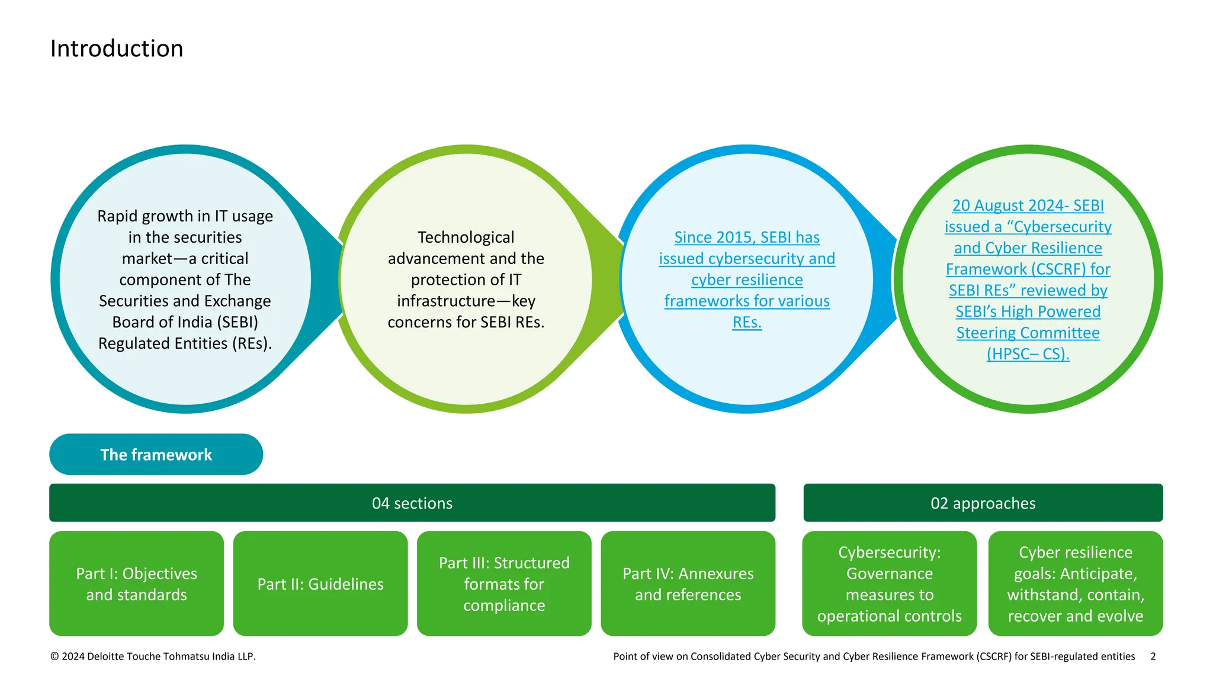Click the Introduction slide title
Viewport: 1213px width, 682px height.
click(117, 49)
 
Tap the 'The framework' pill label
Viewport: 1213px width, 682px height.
click(156, 455)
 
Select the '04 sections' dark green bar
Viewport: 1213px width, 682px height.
click(412, 503)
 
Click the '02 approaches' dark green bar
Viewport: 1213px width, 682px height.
click(983, 503)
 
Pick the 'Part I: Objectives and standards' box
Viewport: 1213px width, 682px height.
click(136, 584)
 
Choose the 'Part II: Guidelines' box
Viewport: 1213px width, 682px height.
click(320, 584)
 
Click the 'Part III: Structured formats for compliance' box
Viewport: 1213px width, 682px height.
click(504, 584)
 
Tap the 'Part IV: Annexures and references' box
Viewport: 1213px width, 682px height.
click(688, 584)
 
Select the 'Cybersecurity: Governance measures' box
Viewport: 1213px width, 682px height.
click(889, 584)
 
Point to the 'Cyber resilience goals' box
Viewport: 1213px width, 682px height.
click(1075, 584)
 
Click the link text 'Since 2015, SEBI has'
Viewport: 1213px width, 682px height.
click(747, 237)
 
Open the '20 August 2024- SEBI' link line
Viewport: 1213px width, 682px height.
click(1028, 205)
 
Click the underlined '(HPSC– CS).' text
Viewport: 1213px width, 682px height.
click(1028, 354)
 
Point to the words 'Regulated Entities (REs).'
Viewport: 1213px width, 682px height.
click(185, 343)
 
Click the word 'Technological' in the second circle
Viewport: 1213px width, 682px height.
click(466, 237)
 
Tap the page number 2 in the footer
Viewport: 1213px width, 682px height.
click(1153, 656)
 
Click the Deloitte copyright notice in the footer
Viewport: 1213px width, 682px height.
click(153, 656)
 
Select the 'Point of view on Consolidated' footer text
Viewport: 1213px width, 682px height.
click(874, 656)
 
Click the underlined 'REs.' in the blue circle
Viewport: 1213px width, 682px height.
click(747, 323)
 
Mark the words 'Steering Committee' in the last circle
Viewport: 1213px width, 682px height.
click(1028, 333)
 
